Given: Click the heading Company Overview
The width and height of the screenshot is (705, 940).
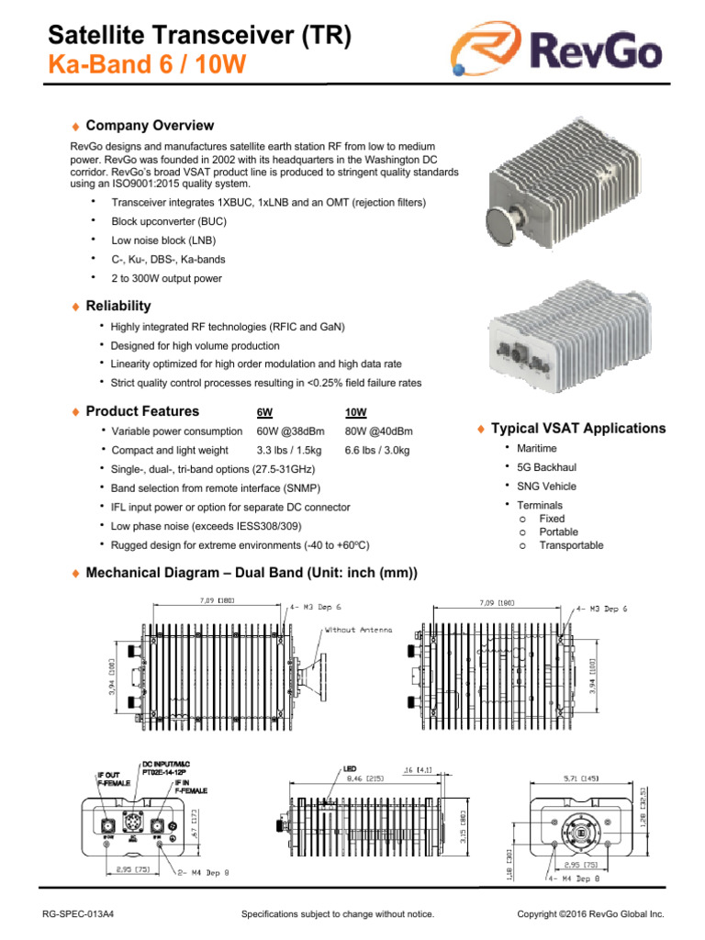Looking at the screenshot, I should pyautogui.click(x=149, y=126).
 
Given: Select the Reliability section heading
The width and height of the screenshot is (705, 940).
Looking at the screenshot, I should pyautogui.click(x=117, y=306).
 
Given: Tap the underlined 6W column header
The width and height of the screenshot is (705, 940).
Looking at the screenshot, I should pyautogui.click(x=263, y=412).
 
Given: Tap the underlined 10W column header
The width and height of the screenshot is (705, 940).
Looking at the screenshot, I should pyautogui.click(x=354, y=412).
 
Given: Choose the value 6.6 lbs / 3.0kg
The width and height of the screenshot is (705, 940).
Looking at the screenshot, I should pyautogui.click(x=377, y=451).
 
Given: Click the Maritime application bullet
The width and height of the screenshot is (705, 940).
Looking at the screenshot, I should pyautogui.click(x=536, y=448).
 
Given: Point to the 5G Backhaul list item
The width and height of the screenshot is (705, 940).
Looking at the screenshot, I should pyautogui.click(x=546, y=467).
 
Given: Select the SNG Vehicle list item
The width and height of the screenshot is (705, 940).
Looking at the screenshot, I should pyautogui.click(x=546, y=487).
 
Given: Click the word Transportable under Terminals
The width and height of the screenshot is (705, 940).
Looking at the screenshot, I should pyautogui.click(x=571, y=545).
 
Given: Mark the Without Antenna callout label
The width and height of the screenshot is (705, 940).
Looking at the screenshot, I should pyautogui.click(x=359, y=630).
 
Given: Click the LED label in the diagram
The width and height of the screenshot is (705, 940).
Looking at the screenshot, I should pyautogui.click(x=349, y=767).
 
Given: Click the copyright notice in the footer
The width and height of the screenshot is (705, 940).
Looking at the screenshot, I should pyautogui.click(x=590, y=914).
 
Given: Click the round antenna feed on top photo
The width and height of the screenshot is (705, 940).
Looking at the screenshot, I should pyautogui.click(x=501, y=225).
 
